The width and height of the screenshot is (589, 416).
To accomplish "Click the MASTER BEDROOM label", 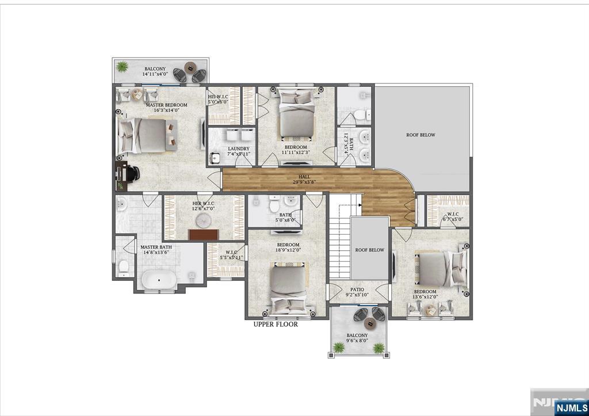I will tap(166, 108).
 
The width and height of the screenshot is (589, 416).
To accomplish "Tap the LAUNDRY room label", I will tap(238, 151).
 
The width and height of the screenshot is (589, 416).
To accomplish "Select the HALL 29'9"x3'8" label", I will tap(304, 180).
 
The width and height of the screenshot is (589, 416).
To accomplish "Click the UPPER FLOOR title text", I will tap(276, 325).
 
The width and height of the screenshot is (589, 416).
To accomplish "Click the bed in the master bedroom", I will tap(146, 136).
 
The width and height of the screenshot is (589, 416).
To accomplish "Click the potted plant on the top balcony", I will tap(122, 67).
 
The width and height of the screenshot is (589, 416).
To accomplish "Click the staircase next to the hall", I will tap(339, 242).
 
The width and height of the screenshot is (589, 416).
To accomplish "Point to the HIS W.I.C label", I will tap(218, 99).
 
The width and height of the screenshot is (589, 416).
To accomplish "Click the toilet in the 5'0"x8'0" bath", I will tap(274, 204).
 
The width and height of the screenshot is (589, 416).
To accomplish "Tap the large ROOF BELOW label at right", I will tap(420, 135).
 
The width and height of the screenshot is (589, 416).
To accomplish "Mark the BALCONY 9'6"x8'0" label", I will tap(357, 338).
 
